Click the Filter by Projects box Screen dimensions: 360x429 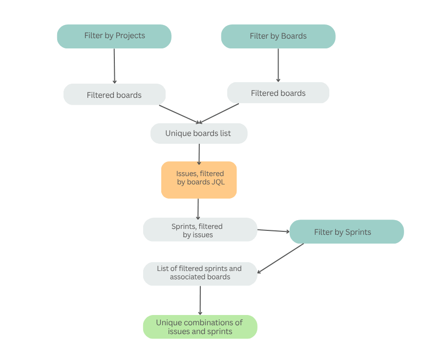114,36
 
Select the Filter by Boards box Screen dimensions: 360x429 278,36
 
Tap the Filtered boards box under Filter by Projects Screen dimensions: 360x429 114,94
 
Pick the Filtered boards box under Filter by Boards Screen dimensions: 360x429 278,92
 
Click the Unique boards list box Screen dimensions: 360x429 198,133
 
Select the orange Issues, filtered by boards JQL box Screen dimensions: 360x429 199,180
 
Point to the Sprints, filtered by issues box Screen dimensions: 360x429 200,229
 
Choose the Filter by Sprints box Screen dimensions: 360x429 346,231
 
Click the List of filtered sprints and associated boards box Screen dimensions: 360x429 200,273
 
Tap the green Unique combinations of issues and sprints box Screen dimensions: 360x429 200,327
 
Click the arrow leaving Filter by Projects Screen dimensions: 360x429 114,66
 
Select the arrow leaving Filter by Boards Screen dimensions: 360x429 278,65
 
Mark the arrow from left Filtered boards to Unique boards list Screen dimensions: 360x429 180,114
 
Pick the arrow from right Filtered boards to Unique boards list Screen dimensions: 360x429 219,113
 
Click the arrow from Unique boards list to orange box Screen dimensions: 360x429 199,154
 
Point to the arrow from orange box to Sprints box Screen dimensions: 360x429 198,209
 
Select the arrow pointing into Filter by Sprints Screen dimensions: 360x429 273,230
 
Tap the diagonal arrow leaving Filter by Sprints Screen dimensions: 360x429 280,258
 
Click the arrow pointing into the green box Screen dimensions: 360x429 200,300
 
